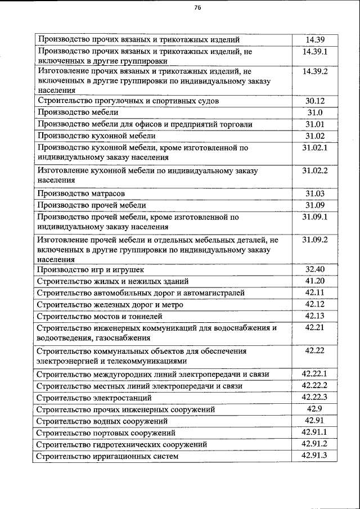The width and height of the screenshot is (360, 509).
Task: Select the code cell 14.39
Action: coord(315,40)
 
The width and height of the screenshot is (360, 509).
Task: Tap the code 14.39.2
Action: coord(315,72)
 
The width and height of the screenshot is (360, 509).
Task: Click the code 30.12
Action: coord(315,101)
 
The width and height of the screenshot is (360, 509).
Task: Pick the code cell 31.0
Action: coord(315,112)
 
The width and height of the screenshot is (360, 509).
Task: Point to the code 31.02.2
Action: coord(315,170)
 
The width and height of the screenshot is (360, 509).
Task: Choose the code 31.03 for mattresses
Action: coord(315,193)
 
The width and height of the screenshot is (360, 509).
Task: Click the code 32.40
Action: coord(315,269)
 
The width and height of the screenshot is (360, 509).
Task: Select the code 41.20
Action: coord(315,281)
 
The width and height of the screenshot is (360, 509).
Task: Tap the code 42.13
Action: coord(315,316)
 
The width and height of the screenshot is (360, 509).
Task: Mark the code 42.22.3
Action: coord(315,397)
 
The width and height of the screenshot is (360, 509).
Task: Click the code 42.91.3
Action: coord(315,456)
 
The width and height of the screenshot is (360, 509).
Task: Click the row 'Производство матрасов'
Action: coord(81,194)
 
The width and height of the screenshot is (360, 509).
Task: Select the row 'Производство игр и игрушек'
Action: coord(91,270)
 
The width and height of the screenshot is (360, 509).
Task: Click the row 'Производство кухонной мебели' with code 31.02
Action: coord(96,136)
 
